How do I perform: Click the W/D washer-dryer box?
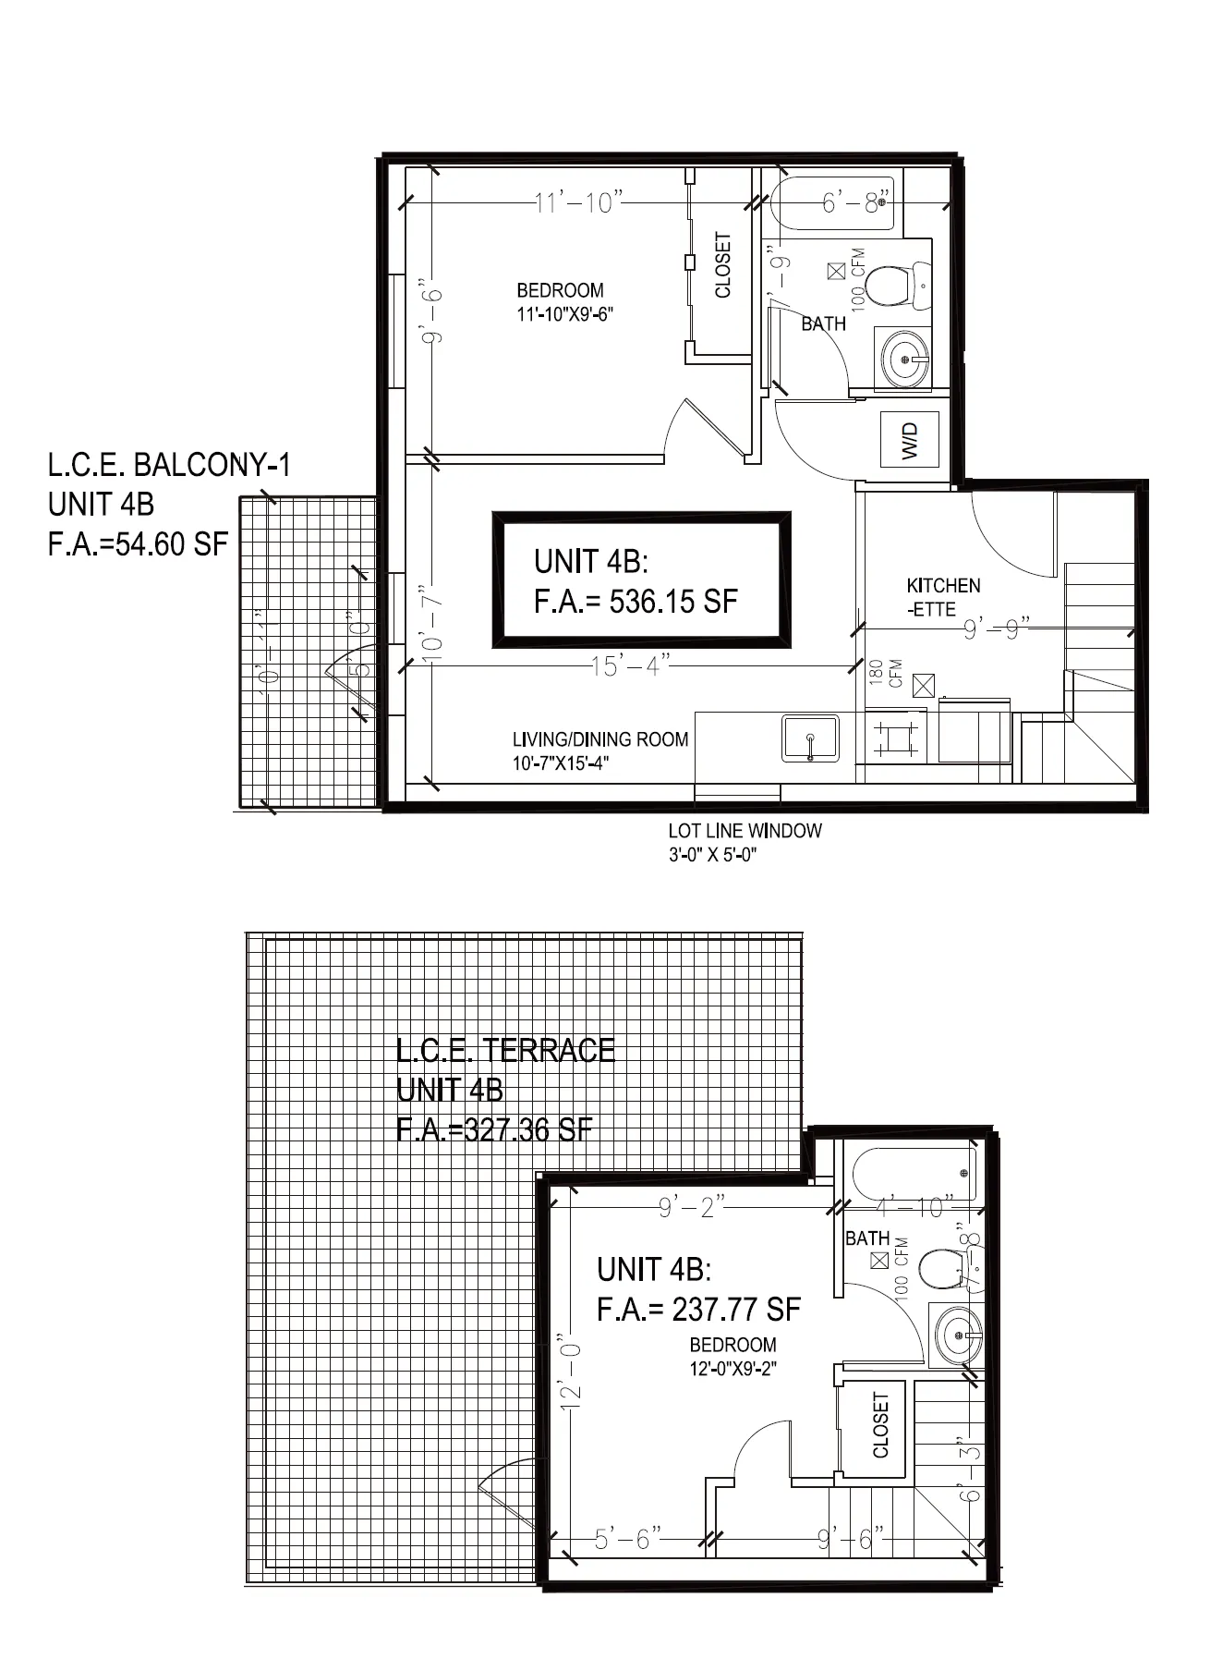tap(910, 440)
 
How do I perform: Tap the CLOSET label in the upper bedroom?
tap(723, 265)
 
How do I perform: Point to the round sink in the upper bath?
tap(904, 359)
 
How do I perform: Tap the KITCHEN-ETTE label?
tap(942, 597)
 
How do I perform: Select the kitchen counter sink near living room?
tap(810, 738)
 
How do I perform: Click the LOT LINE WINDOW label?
tap(745, 831)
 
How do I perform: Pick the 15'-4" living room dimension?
tap(631, 665)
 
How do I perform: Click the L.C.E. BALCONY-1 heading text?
tap(169, 465)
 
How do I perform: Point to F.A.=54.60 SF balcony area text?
tap(138, 544)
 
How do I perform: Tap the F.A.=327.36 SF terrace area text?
tap(494, 1130)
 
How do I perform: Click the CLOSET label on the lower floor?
tap(880, 1425)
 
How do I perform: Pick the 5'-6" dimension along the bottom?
tap(628, 1539)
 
